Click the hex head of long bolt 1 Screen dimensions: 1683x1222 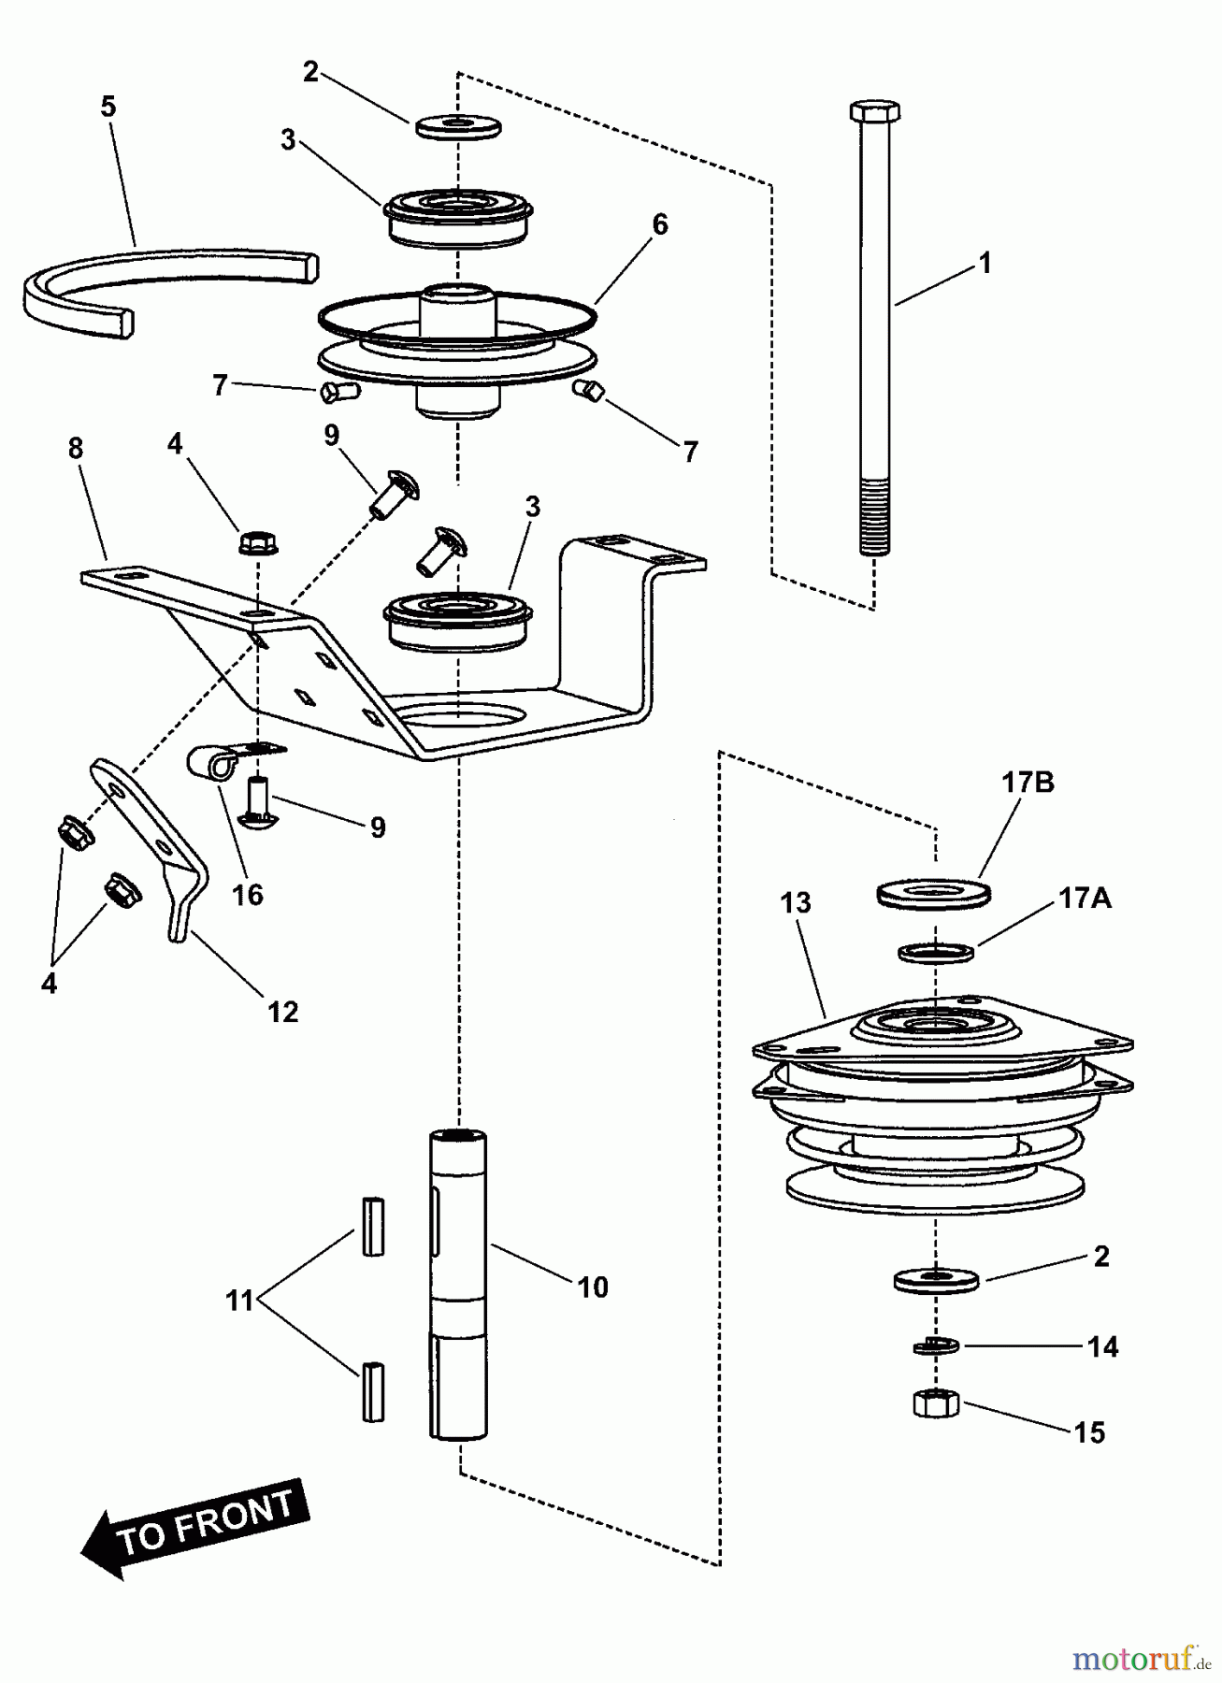[874, 110]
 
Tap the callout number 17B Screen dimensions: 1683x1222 [1028, 783]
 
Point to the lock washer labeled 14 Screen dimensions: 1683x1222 [935, 1346]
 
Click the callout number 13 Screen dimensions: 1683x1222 [796, 903]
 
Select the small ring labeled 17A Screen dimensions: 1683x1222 [936, 953]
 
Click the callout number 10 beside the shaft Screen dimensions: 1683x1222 [593, 1287]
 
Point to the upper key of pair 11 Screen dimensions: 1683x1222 [373, 1226]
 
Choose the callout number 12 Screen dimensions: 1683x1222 [282, 1012]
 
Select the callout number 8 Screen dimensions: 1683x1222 [76, 449]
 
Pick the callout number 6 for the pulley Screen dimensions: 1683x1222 [660, 224]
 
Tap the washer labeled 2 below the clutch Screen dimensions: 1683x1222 [935, 1279]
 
